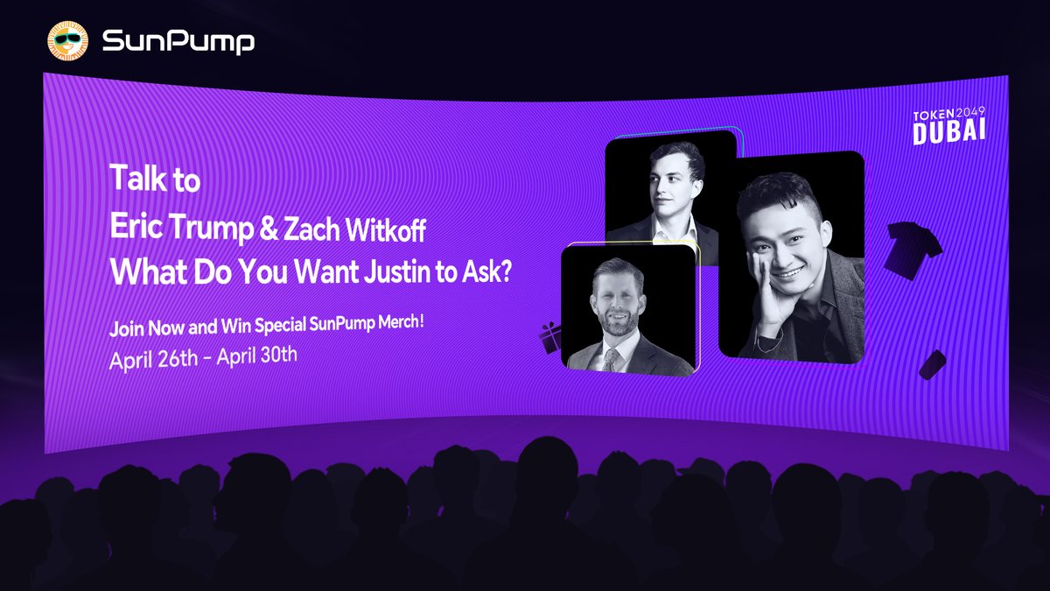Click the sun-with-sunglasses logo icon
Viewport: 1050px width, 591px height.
pos(68,41)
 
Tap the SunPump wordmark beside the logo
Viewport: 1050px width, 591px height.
pos(178,41)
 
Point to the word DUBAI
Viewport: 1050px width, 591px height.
pos(949,131)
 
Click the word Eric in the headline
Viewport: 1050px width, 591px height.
pos(136,226)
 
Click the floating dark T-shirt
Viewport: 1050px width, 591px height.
pos(913,249)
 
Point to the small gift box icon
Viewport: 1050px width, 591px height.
pos(551,338)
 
